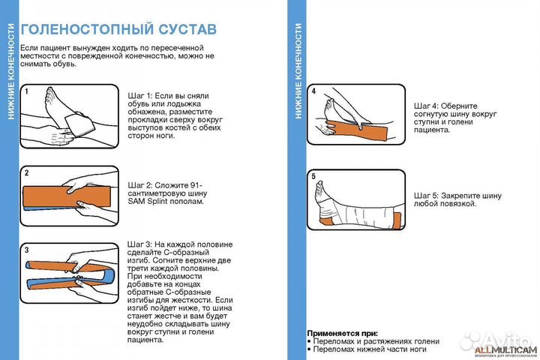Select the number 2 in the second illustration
(26, 173)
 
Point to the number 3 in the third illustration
(26, 249)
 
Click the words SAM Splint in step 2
(152, 202)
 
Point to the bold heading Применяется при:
(343, 332)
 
